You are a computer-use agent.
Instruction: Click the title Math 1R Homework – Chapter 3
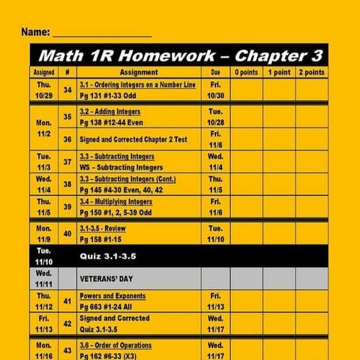tap(180, 55)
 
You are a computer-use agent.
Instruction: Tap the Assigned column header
tap(43, 73)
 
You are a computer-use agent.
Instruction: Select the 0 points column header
tap(246, 73)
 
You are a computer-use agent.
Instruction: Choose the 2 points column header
tap(311, 73)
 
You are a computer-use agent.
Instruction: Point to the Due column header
tap(215, 73)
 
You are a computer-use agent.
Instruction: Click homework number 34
tap(67, 90)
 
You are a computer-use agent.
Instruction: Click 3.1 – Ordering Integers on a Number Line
tap(137, 85)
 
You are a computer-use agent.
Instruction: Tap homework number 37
tap(67, 162)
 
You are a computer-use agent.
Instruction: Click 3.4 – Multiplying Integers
tap(115, 202)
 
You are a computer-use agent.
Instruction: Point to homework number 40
tap(67, 233)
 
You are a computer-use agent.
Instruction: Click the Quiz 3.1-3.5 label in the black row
tap(109, 256)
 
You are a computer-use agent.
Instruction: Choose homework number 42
tap(67, 323)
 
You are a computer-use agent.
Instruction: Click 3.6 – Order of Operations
tap(115, 345)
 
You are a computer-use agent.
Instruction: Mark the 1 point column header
tap(278, 73)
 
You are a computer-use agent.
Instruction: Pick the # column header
tap(67, 73)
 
